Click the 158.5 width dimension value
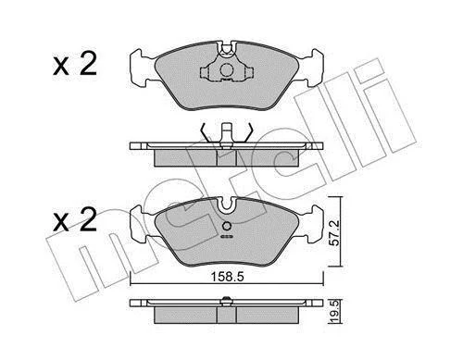click(227, 277)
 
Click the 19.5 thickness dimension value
click(335, 311)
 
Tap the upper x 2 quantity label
click(75, 64)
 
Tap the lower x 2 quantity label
click(75, 219)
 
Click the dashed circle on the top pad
click(227, 69)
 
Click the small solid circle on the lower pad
click(227, 226)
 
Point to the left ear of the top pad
click(142, 68)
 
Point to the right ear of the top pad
click(312, 68)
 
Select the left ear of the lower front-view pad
click(142, 224)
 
